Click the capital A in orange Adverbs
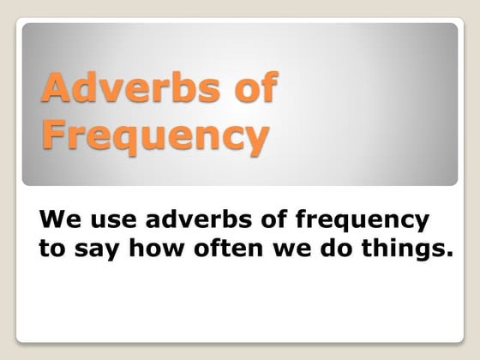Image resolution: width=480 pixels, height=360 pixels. coord(57,90)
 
